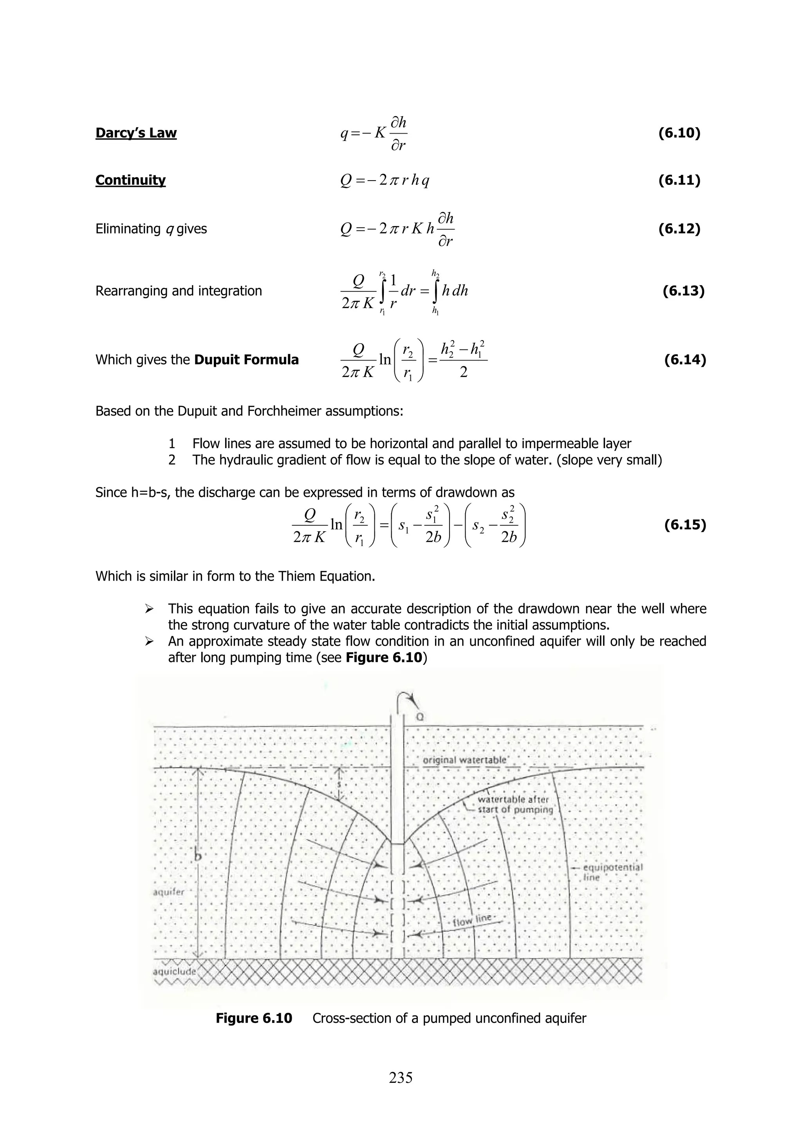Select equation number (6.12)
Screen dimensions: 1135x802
pos(679,229)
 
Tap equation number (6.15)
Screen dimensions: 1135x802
pos(685,525)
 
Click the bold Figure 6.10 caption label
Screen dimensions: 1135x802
pos(254,1018)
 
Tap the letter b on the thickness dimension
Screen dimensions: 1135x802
pos(198,856)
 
